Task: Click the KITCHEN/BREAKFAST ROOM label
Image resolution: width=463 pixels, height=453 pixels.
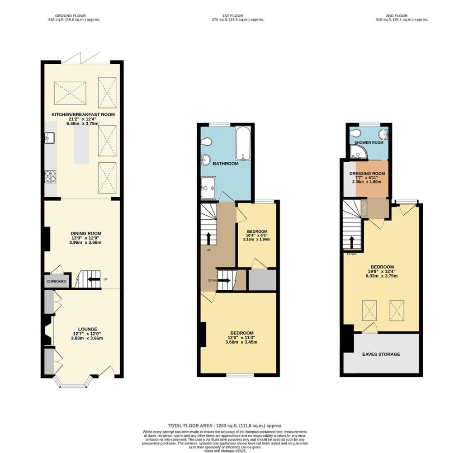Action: (82, 115)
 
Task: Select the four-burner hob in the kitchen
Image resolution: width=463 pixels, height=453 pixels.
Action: (49, 176)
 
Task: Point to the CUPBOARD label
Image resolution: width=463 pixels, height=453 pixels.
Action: (57, 281)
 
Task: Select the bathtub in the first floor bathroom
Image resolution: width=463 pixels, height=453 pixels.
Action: (243, 144)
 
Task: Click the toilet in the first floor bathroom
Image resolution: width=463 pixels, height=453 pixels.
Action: (206, 142)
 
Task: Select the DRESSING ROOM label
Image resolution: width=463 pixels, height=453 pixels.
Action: (367, 174)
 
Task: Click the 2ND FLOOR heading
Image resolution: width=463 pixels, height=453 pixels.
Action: (396, 16)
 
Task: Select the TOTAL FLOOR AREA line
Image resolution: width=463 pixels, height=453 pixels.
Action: (225, 425)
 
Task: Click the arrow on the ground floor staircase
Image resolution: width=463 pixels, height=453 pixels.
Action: (94, 279)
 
